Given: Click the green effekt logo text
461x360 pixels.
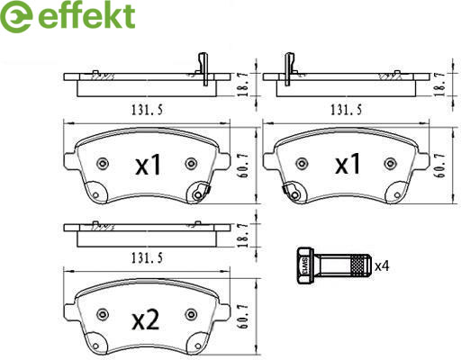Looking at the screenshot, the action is coord(86,15).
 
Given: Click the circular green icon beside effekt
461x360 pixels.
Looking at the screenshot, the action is coord(16,16).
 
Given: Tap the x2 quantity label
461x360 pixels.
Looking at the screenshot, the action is coord(146,320).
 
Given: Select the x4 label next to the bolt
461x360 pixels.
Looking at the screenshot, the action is coord(382,265).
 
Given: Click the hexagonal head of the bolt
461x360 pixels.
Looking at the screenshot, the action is coord(305,265).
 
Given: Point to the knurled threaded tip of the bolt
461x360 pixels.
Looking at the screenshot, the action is coord(361,265).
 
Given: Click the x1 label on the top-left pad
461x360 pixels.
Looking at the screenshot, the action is coord(148,165).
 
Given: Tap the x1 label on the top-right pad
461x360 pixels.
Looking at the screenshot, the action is coord(348,164).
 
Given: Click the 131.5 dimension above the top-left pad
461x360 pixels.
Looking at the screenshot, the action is coord(147,110).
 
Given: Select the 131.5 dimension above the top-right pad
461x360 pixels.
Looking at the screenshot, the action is coord(346,110).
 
